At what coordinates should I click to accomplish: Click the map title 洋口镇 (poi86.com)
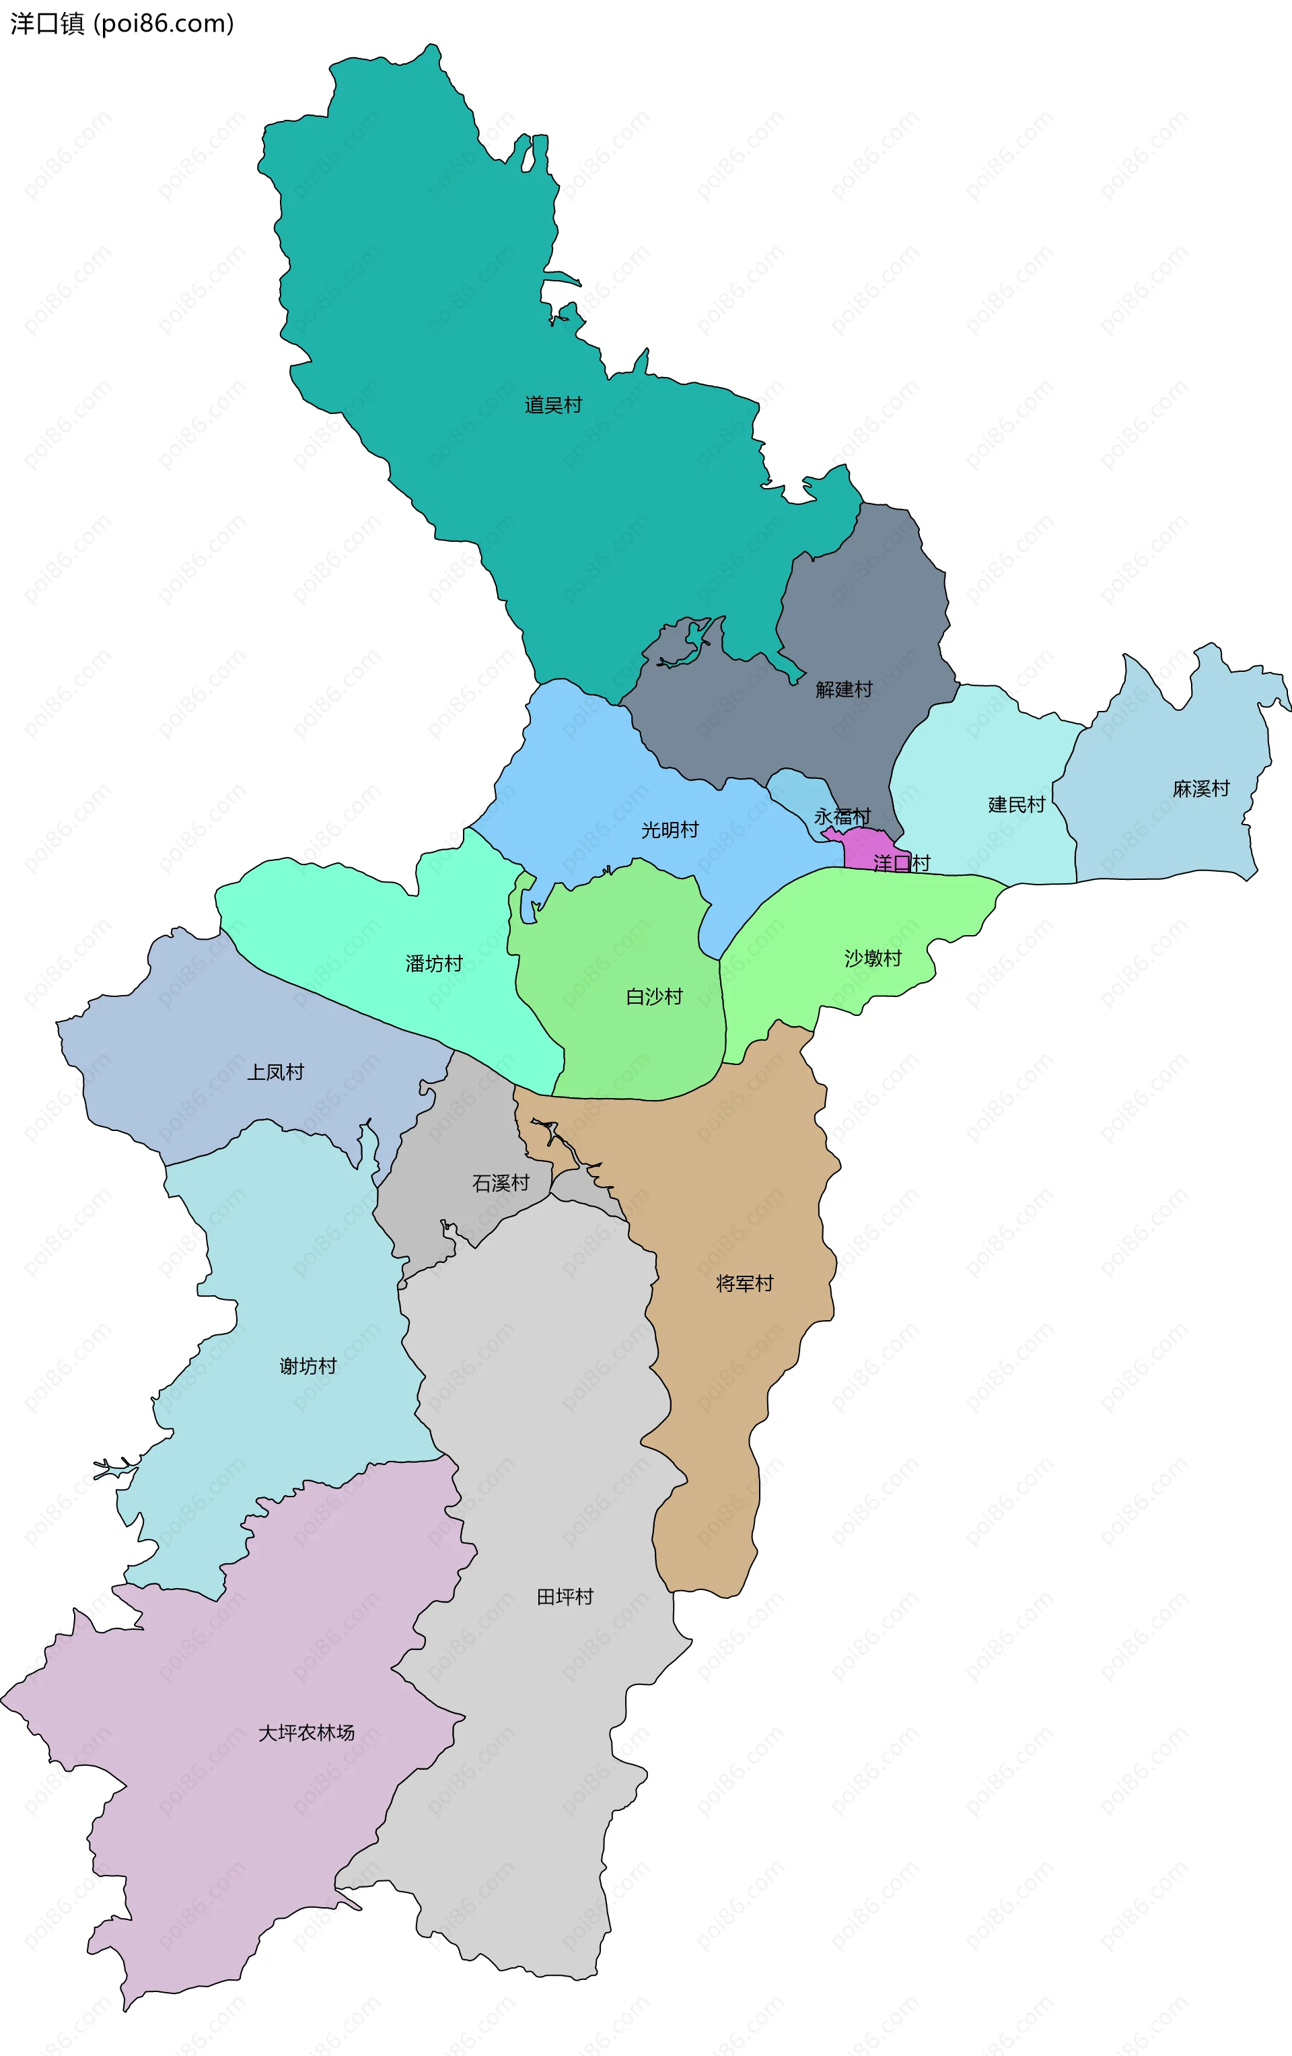click(x=122, y=24)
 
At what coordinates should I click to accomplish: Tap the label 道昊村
click(x=553, y=405)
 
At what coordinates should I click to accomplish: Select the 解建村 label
click(x=844, y=689)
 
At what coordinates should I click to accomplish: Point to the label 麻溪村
click(x=1200, y=788)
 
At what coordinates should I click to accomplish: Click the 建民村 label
click(x=1016, y=804)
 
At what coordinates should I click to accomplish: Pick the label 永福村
click(x=842, y=816)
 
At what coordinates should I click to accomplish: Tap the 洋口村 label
click(x=902, y=862)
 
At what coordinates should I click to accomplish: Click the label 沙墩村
click(x=873, y=958)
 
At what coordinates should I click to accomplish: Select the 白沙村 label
click(x=655, y=996)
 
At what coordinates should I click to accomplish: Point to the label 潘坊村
click(x=434, y=964)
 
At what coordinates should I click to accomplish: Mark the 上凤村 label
click(x=276, y=1072)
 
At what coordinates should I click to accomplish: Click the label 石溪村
click(x=501, y=1183)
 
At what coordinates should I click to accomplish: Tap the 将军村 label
click(x=745, y=1283)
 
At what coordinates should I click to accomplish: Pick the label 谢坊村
click(x=308, y=1366)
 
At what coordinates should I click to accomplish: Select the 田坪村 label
click(x=565, y=1597)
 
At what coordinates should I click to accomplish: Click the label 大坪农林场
click(x=306, y=1732)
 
